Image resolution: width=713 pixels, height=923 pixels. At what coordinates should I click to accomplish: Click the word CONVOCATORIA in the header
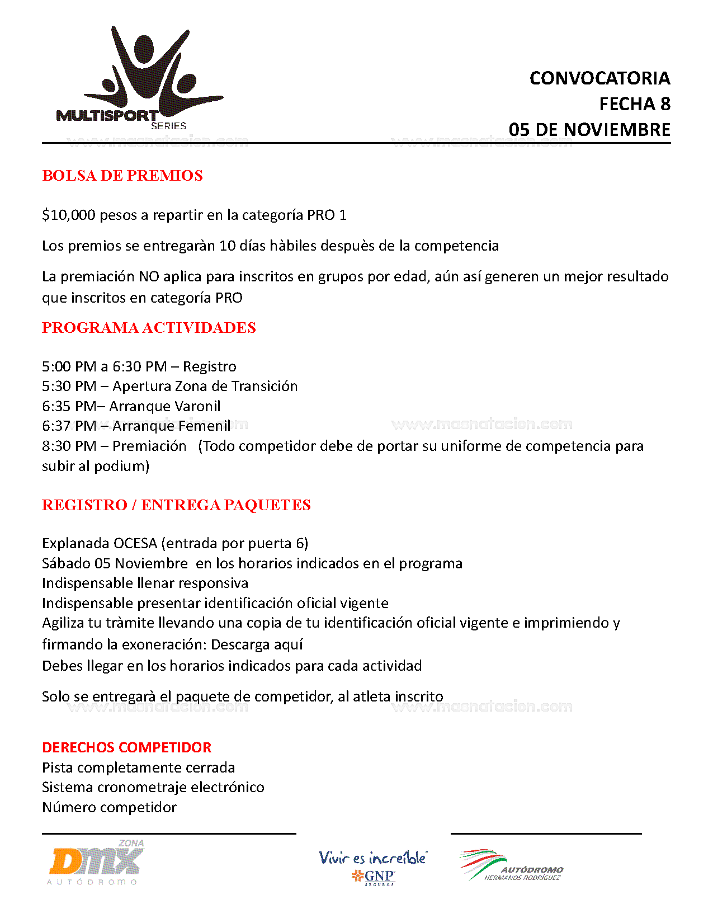click(x=599, y=78)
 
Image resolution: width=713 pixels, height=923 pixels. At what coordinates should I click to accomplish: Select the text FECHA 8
click(x=634, y=104)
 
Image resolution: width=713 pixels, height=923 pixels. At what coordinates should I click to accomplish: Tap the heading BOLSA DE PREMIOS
click(x=122, y=176)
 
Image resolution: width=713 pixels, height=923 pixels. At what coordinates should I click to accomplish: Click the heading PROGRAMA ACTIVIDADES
click(x=149, y=328)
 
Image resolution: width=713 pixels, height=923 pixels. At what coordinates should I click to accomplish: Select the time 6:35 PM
click(x=69, y=407)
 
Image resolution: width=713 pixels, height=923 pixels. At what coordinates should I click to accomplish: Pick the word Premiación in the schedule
click(x=149, y=446)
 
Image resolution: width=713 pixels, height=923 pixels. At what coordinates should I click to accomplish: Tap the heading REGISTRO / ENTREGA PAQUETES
click(x=176, y=505)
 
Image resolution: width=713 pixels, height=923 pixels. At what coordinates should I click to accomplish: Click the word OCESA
click(x=135, y=544)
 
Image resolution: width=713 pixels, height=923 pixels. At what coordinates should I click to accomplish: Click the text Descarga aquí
click(x=257, y=645)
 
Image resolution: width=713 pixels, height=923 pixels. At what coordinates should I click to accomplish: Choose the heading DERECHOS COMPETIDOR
click(x=127, y=748)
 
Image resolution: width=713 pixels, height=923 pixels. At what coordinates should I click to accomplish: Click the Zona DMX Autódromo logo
click(x=96, y=863)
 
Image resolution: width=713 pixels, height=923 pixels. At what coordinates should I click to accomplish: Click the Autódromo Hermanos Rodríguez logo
click(x=511, y=867)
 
